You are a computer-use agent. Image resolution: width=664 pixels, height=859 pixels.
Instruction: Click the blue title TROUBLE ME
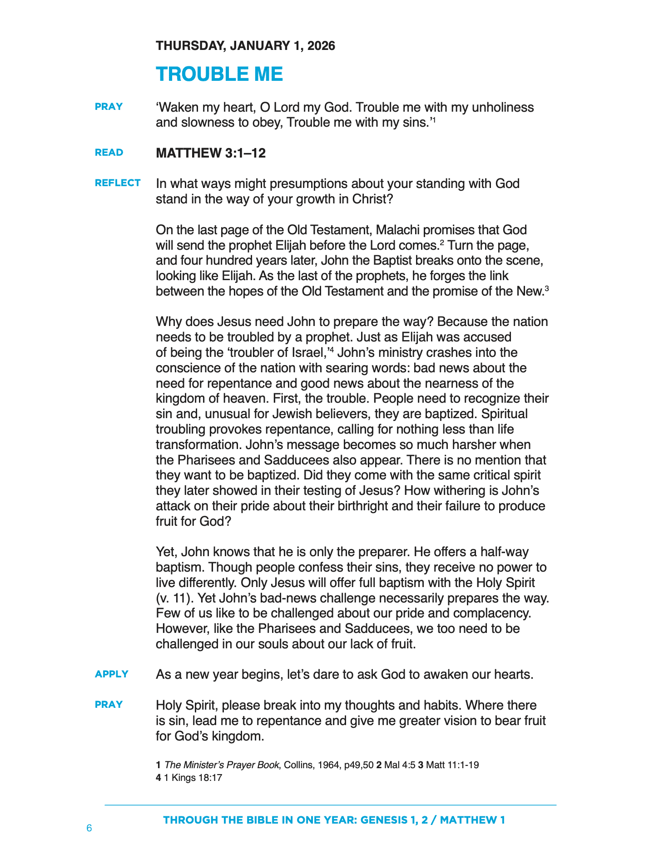[x=219, y=74]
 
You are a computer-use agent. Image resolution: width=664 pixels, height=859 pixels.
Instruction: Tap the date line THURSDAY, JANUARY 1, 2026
[x=245, y=46]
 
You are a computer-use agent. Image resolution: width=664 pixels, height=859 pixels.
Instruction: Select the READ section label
[x=109, y=153]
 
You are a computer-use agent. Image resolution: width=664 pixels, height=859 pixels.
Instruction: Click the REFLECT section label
[x=118, y=183]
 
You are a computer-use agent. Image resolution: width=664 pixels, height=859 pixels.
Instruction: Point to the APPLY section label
[x=112, y=674]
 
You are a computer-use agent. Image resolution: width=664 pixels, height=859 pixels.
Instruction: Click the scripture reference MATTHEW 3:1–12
[x=211, y=153]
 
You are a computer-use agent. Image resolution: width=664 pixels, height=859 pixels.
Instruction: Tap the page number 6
[x=89, y=828]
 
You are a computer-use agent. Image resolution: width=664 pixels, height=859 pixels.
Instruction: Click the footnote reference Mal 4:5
[x=400, y=765]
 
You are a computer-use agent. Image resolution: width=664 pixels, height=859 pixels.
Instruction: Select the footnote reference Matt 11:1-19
[x=452, y=765]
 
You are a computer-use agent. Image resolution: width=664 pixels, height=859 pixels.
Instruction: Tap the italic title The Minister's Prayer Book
[x=222, y=765]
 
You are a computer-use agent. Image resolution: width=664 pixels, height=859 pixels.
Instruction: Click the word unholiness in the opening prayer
[x=503, y=108]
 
